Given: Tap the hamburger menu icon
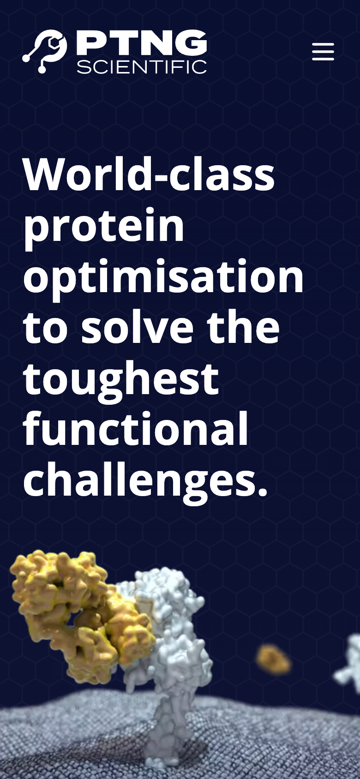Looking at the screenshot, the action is [x=323, y=52].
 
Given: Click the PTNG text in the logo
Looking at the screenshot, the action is [x=142, y=43].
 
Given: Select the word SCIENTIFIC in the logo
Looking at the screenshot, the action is [x=142, y=67].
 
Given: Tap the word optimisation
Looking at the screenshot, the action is [x=163, y=276].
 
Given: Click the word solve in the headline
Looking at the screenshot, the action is [x=137, y=326].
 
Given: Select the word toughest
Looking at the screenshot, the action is [x=121, y=379].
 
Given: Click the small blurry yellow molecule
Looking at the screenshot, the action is [x=273, y=659].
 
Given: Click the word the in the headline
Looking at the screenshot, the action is [x=244, y=326].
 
